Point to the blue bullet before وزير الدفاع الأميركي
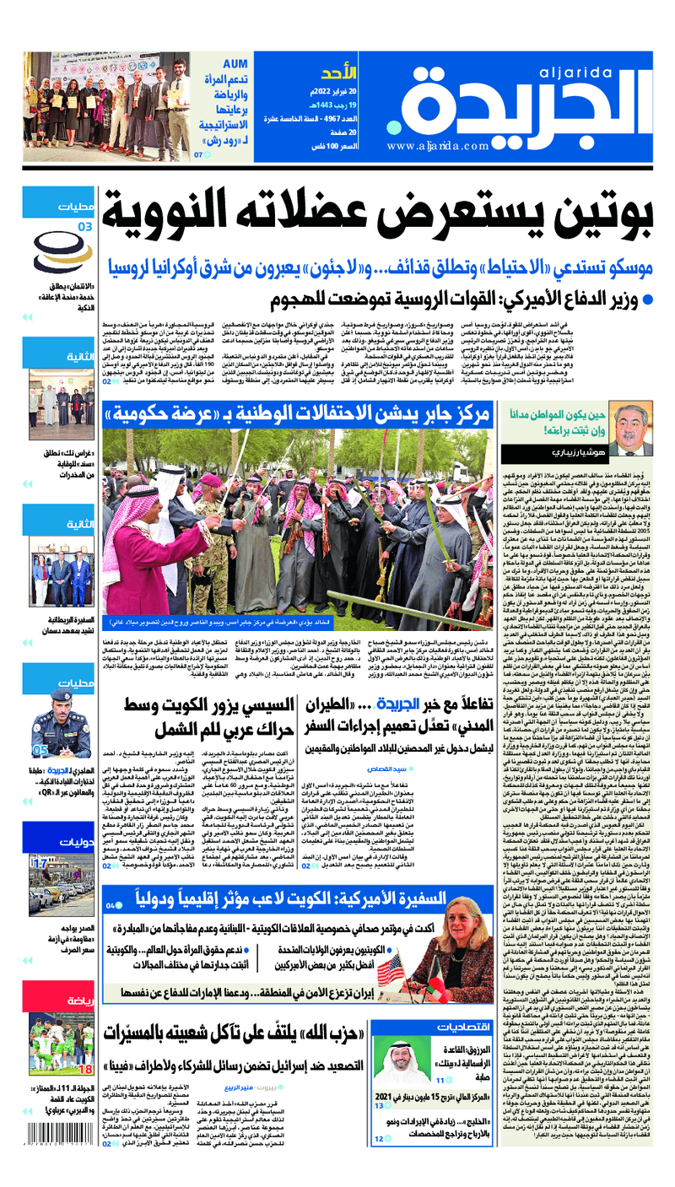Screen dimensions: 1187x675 (x=647, y=299)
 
